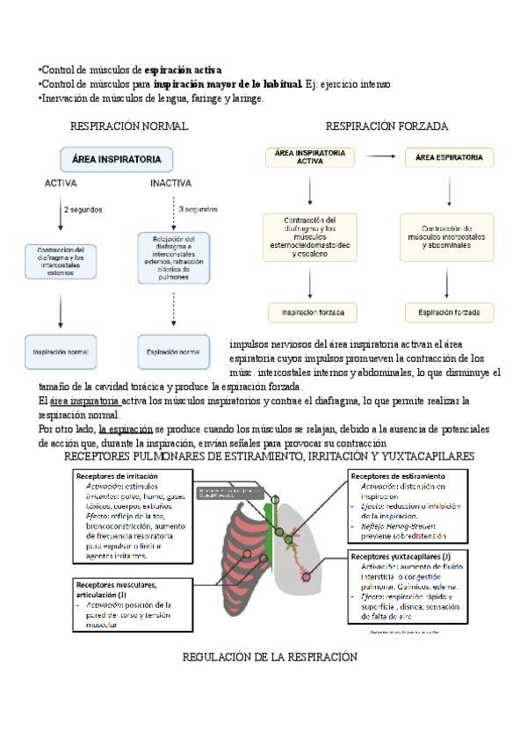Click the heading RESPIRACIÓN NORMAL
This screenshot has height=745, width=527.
point(128,127)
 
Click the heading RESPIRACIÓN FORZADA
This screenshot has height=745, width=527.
point(386,127)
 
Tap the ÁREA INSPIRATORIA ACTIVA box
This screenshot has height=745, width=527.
point(309,157)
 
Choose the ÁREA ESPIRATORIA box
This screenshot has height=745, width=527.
point(449,157)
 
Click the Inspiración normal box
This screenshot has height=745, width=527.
point(61,352)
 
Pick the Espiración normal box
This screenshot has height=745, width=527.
point(173,352)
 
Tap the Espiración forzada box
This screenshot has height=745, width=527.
point(449,313)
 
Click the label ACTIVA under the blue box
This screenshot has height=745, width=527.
point(61,184)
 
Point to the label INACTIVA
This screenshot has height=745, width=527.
point(171,184)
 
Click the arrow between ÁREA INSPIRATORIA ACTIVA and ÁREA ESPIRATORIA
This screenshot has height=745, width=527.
point(380,157)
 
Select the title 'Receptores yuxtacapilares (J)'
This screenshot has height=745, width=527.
point(400,556)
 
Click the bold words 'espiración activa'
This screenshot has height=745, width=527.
point(183,69)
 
